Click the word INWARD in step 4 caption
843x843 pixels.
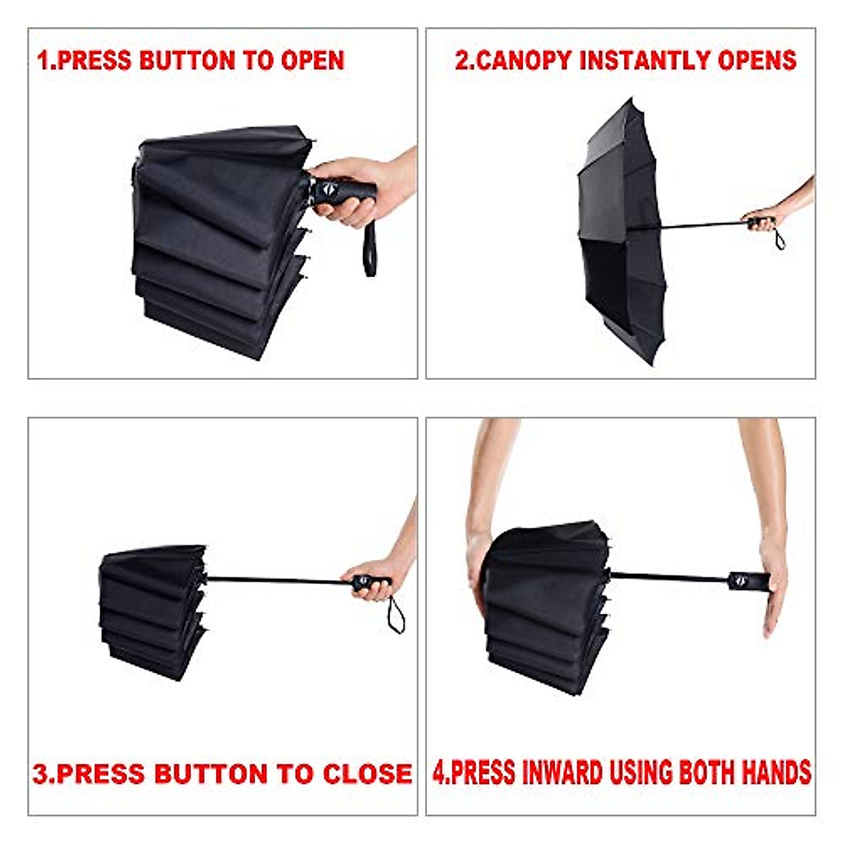561,773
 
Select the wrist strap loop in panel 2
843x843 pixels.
779,239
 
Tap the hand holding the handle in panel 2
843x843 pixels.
762,218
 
